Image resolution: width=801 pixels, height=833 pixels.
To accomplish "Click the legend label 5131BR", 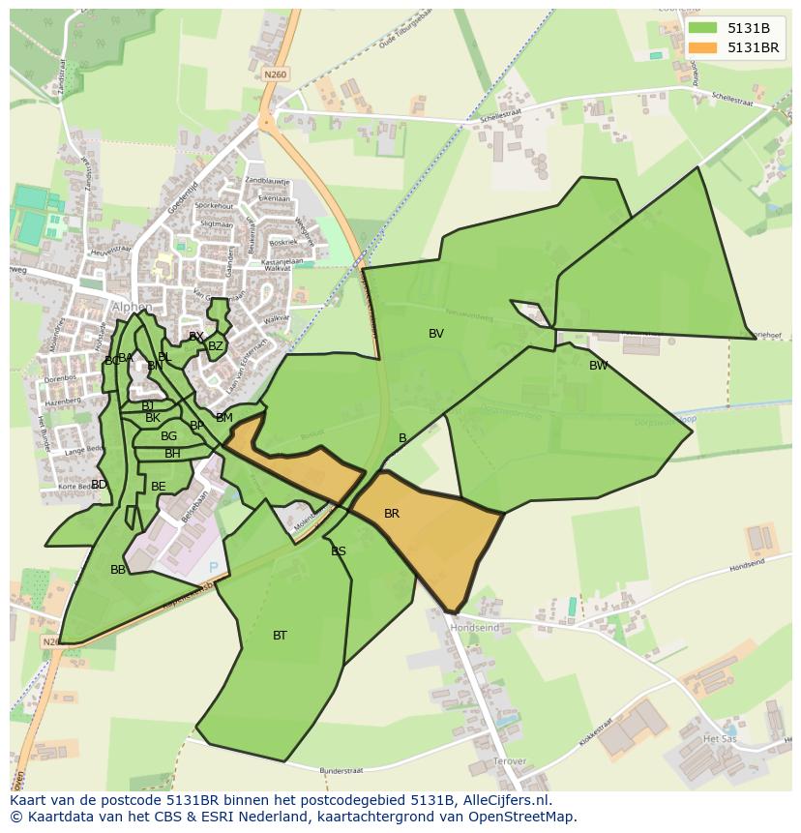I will [x=753, y=46].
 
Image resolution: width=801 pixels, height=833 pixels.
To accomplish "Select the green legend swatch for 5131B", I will [x=702, y=28].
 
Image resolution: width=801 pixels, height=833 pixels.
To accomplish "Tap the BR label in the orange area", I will [x=392, y=514].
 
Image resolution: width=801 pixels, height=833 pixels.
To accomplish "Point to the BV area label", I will [x=436, y=334].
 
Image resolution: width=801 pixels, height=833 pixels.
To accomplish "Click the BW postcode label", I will [x=599, y=366].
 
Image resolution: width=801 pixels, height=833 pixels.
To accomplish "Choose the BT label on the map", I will [x=280, y=636].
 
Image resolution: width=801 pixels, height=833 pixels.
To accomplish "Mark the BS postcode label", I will [x=339, y=551].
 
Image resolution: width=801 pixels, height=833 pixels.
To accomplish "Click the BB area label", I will [x=118, y=570].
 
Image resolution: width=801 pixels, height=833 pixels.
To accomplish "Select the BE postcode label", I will [x=159, y=487].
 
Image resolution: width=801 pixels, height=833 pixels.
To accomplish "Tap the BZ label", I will [x=216, y=346].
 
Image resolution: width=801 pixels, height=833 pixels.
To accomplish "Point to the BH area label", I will [x=172, y=454].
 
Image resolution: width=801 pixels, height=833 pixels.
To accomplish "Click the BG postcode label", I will [x=168, y=436].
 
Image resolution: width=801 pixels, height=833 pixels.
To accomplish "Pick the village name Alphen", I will [x=132, y=308].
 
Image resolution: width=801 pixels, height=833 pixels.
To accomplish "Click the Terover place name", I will [x=510, y=762].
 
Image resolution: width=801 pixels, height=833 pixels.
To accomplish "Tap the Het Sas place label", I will [x=721, y=738].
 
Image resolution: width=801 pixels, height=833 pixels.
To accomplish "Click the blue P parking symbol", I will [x=214, y=566].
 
